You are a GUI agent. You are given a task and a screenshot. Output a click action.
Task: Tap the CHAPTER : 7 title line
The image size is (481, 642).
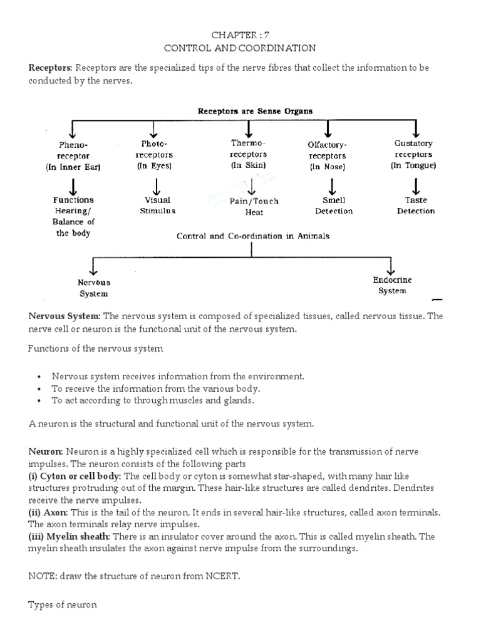tap(240, 34)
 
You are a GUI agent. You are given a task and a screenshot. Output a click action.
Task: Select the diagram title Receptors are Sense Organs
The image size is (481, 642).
tap(255, 111)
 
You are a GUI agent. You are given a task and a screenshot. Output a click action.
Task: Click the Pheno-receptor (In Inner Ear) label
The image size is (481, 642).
tap(73, 155)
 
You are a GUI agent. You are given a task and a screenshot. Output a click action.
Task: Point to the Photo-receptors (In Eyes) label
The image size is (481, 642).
tap(154, 155)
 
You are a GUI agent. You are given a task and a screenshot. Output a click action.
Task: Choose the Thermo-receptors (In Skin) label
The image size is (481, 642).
tap(249, 154)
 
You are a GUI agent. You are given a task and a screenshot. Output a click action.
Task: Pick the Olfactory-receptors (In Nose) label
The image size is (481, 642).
tap(328, 155)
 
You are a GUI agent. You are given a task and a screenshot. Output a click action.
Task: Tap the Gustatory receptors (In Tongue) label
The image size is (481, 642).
tap(413, 154)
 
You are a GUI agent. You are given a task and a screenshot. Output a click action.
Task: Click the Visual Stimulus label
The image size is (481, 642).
tap(157, 206)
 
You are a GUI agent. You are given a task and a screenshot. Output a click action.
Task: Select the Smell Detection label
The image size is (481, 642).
tap(334, 206)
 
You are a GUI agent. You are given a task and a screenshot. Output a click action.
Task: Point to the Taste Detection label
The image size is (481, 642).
tap(416, 206)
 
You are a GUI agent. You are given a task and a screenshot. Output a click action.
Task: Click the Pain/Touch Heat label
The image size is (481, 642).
tap(254, 207)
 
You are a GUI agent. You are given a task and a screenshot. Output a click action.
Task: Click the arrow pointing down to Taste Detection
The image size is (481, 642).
tap(416, 186)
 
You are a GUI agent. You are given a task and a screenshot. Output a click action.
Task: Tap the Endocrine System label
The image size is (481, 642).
tap(393, 285)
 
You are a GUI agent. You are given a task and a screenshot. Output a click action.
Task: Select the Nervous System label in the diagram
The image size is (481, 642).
tap(93, 288)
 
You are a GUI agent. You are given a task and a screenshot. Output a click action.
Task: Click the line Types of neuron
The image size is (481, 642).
tap(63, 606)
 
